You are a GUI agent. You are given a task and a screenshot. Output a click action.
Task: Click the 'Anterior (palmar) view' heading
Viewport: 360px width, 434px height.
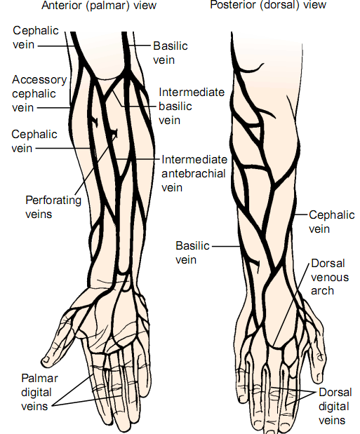pos(99,6)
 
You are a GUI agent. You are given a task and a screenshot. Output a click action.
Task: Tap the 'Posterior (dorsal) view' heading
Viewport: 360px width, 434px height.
pos(268,5)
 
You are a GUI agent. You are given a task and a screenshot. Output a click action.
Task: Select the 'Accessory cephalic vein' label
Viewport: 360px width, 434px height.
pos(39,93)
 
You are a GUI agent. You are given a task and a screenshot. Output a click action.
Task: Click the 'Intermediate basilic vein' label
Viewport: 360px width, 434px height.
pos(192,107)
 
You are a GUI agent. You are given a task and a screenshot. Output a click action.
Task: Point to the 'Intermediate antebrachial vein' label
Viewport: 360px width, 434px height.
pos(194,174)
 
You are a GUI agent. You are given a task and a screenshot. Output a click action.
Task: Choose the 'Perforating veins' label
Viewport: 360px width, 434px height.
pos(53,207)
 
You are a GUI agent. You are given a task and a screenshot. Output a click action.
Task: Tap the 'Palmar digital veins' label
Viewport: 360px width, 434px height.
pos(39,392)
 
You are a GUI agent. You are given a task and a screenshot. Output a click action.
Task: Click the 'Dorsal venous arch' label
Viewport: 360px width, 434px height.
pos(330,277)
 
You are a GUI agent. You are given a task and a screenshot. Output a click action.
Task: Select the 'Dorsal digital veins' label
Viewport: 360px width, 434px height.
pos(335,407)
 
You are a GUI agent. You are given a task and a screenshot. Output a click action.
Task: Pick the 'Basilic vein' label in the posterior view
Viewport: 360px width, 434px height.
pos(192,252)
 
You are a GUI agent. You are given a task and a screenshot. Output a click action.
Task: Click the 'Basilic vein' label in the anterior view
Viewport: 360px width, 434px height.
pos(171,53)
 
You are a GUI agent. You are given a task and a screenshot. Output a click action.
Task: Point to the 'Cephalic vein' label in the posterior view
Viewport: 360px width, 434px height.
pos(332,222)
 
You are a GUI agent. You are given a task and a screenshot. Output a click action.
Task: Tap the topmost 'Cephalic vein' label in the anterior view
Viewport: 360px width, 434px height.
pos(36,38)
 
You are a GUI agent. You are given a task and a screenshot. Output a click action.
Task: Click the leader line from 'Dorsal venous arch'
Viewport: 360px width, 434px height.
pos(291,305)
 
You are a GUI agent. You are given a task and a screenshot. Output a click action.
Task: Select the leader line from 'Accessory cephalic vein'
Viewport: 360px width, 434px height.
pos(53,108)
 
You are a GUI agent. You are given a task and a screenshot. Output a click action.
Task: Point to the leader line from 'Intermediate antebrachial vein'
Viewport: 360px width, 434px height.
pos(138,159)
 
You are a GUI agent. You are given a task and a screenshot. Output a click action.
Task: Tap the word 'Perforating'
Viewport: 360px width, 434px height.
pos(53,201)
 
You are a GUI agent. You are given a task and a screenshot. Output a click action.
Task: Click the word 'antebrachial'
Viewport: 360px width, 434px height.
pos(194,174)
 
